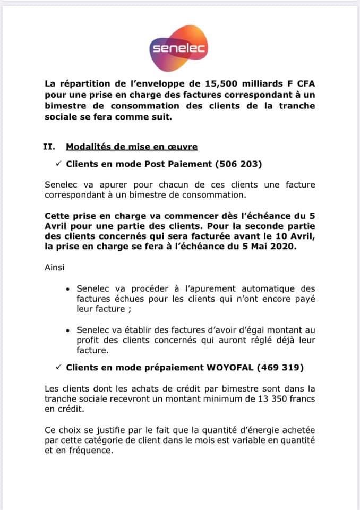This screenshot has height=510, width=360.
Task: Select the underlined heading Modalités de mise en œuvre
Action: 132,146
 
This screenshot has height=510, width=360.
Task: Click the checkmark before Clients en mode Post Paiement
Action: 59,165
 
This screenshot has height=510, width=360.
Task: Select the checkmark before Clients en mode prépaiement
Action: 59,368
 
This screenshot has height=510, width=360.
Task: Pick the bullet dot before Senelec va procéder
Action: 67,289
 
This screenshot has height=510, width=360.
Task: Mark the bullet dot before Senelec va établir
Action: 67,330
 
